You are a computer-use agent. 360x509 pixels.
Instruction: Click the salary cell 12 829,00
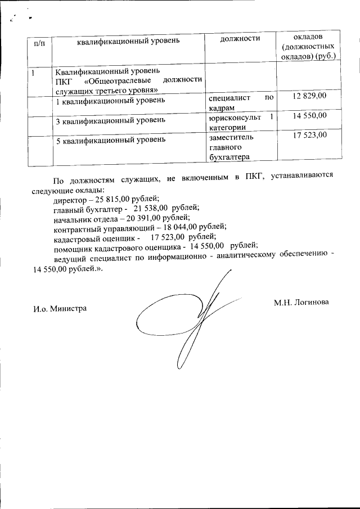tap(309, 97)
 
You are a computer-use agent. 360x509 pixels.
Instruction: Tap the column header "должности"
tap(240, 39)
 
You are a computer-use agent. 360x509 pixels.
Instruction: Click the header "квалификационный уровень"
tap(128, 42)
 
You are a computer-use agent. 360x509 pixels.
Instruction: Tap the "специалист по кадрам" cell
tap(240, 102)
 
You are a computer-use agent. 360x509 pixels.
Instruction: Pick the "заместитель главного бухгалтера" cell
tap(231, 147)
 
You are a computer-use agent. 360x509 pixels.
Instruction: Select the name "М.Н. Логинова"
tap(301, 303)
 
